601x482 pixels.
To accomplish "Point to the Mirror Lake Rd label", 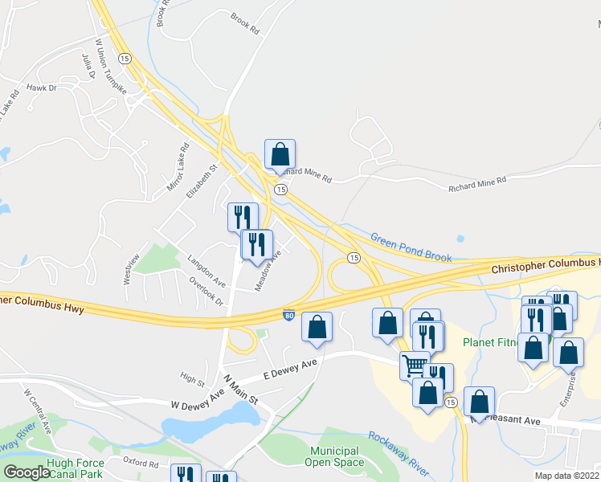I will coord(176,166).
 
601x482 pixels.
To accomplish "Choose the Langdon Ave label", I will coord(206,269).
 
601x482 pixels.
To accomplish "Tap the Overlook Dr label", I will coord(206,289).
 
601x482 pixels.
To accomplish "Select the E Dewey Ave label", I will coord(290,370).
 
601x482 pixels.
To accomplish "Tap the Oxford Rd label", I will coord(141,464).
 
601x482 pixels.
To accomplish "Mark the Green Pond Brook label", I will coord(411,247).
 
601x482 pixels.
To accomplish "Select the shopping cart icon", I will coord(415,365).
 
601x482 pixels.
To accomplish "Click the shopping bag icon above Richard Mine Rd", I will coord(280,153).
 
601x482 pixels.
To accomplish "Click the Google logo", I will coord(27,472).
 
